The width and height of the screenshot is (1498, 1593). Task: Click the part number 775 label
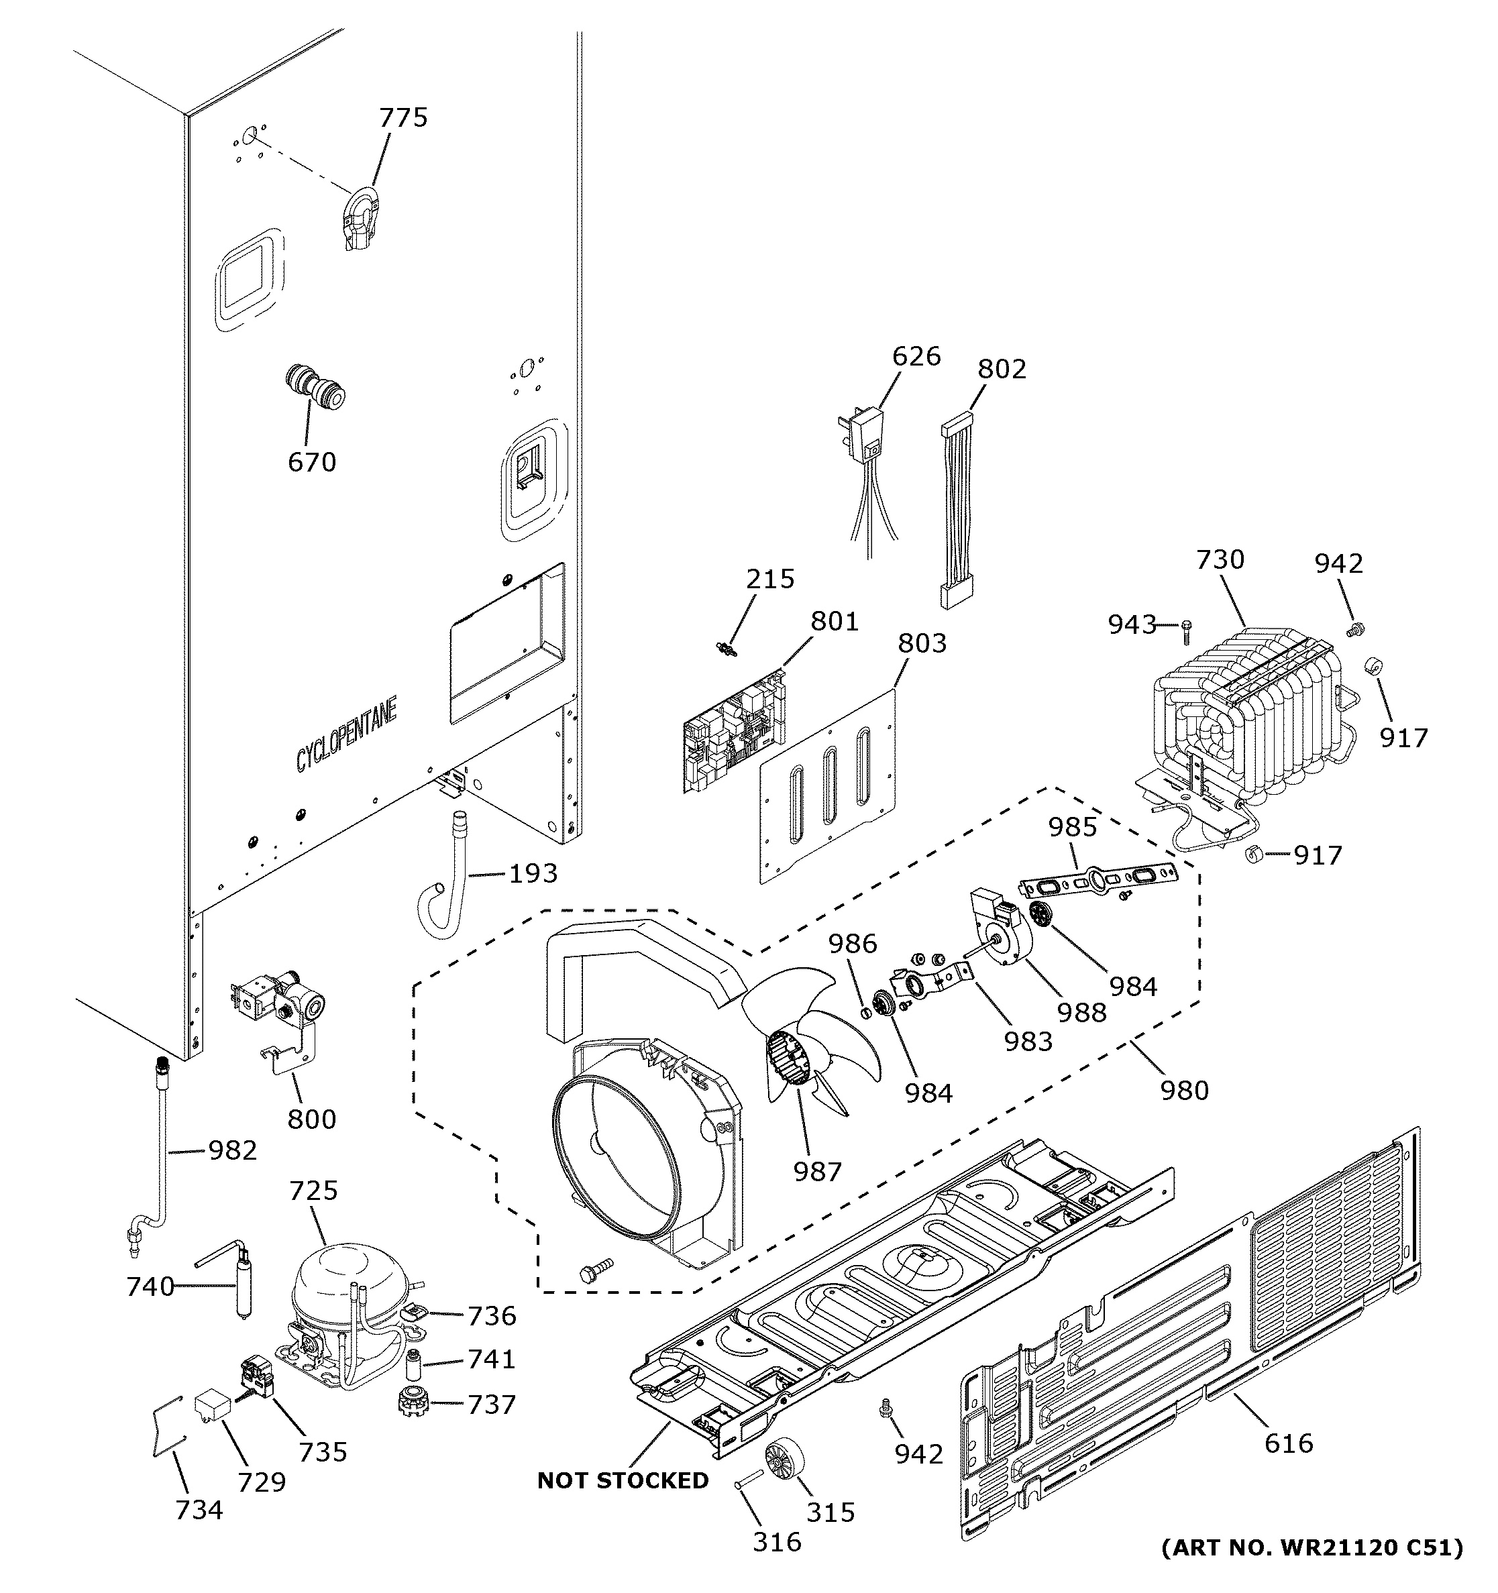click(x=403, y=118)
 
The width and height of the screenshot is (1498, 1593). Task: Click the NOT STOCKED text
click(x=623, y=1481)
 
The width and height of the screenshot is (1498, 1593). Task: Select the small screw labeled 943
click(x=1187, y=633)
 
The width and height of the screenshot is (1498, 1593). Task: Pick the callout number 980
click(x=1184, y=1090)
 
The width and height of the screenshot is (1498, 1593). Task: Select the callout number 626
click(x=916, y=355)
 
